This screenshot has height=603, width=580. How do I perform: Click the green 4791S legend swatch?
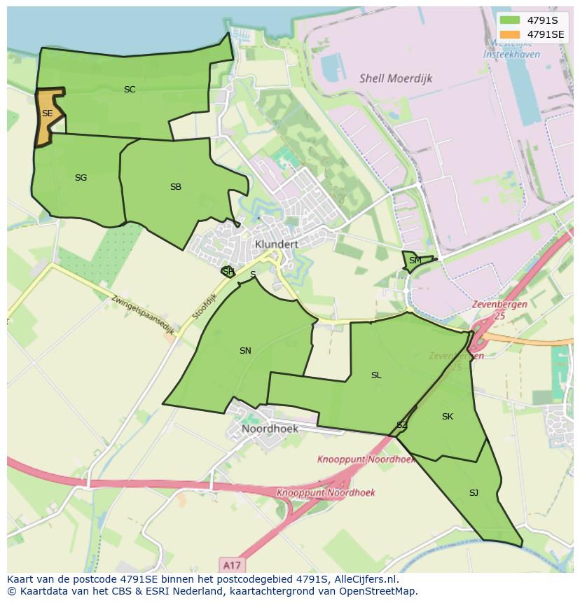[x=510, y=20]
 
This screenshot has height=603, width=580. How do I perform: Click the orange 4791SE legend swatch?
[x=510, y=34]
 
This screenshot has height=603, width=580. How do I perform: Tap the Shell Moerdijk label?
[x=396, y=78]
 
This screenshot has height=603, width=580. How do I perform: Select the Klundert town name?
[x=277, y=244]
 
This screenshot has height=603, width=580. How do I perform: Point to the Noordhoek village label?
[x=270, y=429]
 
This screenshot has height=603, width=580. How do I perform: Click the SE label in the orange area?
[x=47, y=113]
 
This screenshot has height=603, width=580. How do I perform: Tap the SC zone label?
[x=130, y=90]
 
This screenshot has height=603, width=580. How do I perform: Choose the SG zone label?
[x=81, y=178]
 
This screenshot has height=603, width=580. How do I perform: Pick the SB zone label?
[x=176, y=187]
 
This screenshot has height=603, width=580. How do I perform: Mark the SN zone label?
[x=245, y=351]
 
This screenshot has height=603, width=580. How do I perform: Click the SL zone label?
[x=376, y=375]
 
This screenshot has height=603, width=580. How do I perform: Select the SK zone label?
[x=448, y=417]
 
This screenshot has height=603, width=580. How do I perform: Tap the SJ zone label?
[x=474, y=493]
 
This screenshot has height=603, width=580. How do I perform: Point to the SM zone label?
[x=415, y=261]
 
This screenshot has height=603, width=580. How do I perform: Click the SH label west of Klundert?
[x=228, y=272]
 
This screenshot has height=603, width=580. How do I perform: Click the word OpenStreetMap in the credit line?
[x=378, y=590]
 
